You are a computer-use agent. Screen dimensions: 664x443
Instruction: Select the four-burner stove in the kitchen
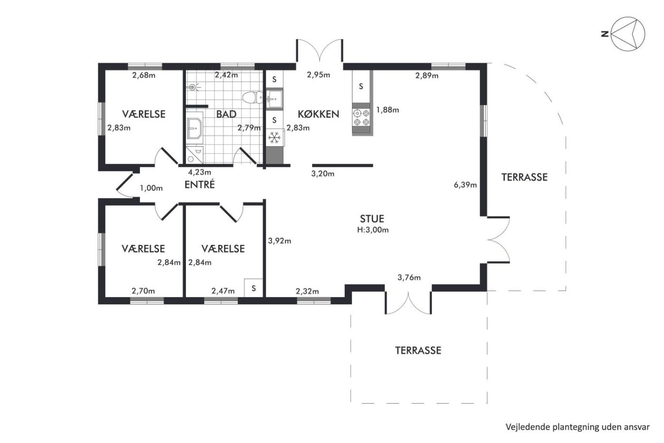[361, 117]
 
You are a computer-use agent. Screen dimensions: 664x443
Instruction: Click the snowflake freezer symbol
[274, 138]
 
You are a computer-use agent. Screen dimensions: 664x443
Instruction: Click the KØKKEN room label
[318, 114]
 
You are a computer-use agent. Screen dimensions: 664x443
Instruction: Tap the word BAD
[226, 114]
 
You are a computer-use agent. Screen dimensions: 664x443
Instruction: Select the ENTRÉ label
[200, 184]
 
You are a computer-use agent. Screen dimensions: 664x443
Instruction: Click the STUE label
[372, 219]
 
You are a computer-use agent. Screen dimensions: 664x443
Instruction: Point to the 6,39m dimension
[465, 185]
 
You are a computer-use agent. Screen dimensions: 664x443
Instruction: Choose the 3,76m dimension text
[409, 278]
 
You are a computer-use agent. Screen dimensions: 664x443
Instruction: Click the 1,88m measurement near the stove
[388, 110]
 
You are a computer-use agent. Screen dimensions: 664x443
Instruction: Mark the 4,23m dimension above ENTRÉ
[200, 172]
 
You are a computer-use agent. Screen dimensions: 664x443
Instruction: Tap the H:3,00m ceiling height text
[373, 230]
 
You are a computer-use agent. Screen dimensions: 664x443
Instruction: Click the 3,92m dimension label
[279, 241]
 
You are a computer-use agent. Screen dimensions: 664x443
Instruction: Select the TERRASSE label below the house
[418, 350]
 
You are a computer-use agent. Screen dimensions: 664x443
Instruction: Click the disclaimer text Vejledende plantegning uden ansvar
[578, 427]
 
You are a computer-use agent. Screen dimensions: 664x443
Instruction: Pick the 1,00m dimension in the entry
[151, 188]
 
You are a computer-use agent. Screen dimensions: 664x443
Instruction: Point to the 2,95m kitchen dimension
[318, 75]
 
